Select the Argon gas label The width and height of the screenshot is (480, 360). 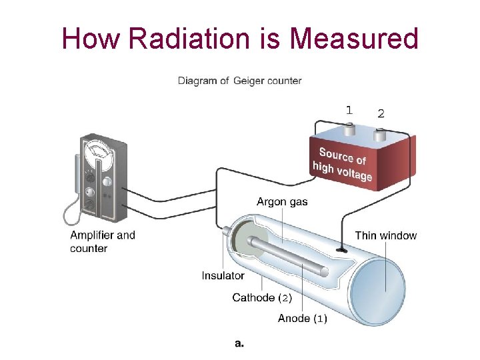click(x=282, y=201)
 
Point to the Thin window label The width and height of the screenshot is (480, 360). click(x=385, y=235)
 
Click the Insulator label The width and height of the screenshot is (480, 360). click(x=223, y=275)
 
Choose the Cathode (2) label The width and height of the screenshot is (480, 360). click(x=262, y=297)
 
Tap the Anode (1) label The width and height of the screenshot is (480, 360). click(x=302, y=319)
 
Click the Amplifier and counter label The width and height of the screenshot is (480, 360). click(x=102, y=241)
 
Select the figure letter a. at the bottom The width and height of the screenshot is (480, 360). click(x=239, y=343)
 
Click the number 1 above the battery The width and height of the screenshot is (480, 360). click(x=349, y=110)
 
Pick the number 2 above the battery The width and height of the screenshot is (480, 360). click(x=381, y=113)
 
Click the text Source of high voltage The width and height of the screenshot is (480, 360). click(x=343, y=164)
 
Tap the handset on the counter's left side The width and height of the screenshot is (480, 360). click(x=75, y=180)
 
